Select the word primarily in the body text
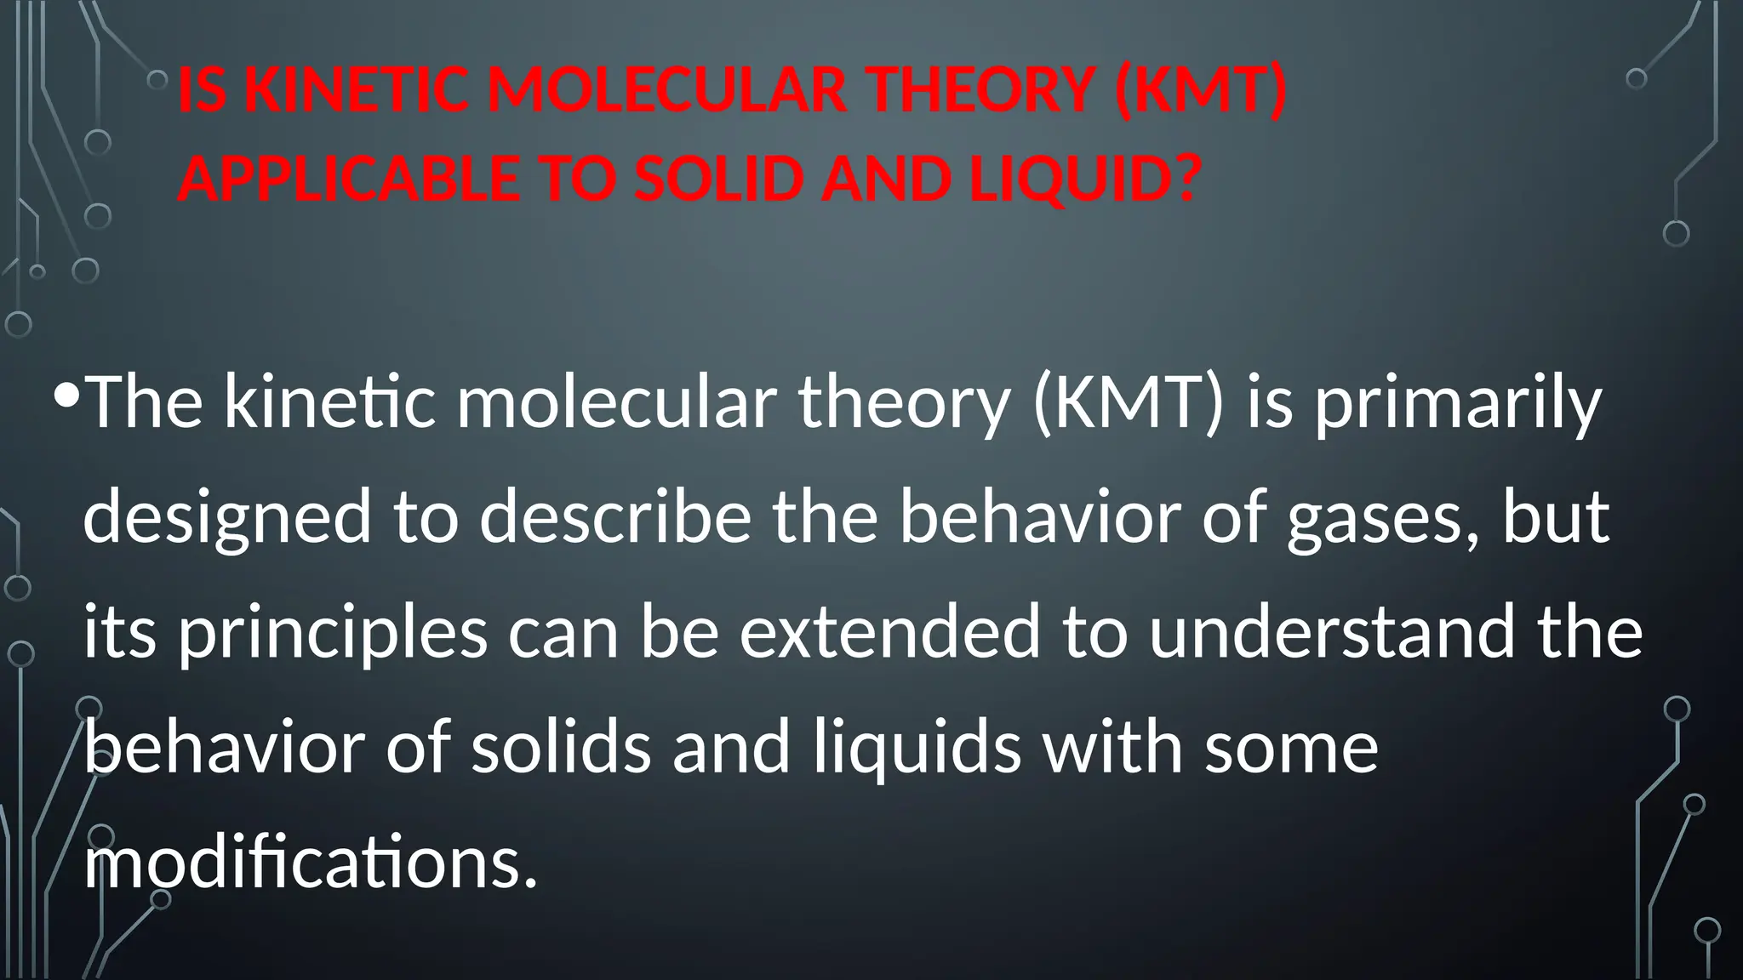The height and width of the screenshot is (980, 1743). point(1458,403)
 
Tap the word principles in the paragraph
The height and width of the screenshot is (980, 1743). point(333,634)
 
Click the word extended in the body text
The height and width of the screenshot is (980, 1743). point(889,634)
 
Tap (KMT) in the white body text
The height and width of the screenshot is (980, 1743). point(1128,403)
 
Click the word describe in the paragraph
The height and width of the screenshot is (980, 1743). point(615,519)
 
